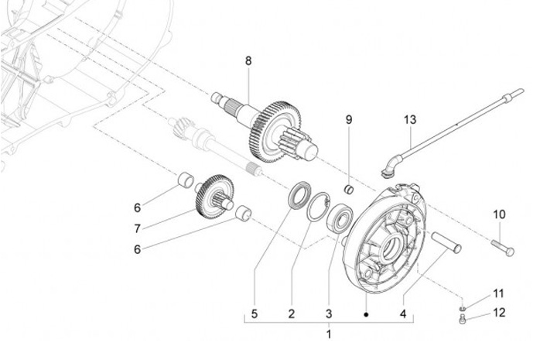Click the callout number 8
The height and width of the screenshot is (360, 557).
coord(248,61)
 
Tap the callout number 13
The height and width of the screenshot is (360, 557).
coord(409,119)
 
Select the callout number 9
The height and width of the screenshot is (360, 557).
coord(349,120)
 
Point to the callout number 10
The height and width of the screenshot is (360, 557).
coord(499,214)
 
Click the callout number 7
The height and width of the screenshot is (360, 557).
coord(138,228)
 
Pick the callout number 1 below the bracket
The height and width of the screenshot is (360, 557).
coord(329,334)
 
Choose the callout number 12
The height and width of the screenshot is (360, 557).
coord(499,312)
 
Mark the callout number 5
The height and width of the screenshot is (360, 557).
coord(255,314)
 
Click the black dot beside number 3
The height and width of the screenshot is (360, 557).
coord(366,314)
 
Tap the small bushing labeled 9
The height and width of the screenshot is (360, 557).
coord(350,190)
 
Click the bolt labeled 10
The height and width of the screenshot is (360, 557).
coord(503,248)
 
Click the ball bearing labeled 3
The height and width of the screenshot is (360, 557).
coord(340,218)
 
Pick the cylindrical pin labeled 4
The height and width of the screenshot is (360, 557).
coord(446,242)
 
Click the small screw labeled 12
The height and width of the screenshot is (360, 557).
coord(462,319)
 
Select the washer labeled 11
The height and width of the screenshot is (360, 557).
coord(462,308)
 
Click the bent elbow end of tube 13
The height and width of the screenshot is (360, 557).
coord(390,166)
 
